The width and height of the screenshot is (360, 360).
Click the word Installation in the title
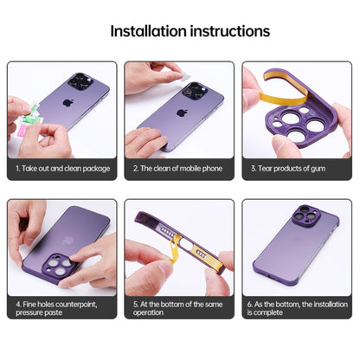point(149,31)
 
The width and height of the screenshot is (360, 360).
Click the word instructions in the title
point(230,31)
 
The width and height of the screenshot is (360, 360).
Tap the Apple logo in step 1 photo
point(68,103)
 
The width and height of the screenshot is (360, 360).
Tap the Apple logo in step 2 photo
point(181,112)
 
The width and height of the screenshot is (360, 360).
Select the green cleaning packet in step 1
point(31,115)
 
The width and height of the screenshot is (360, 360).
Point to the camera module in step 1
point(80,81)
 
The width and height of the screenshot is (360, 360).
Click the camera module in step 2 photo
point(195,92)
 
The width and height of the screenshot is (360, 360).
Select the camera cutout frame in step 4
point(59,266)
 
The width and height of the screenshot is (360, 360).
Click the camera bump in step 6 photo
point(305,215)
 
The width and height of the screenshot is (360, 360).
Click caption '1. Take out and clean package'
point(63,169)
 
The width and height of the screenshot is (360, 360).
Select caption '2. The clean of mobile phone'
point(177,169)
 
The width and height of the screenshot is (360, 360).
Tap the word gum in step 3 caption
point(318,169)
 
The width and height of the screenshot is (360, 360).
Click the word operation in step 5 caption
point(148,313)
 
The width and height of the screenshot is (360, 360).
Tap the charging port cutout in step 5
point(186,246)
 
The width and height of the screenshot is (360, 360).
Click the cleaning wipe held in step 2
point(185,77)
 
